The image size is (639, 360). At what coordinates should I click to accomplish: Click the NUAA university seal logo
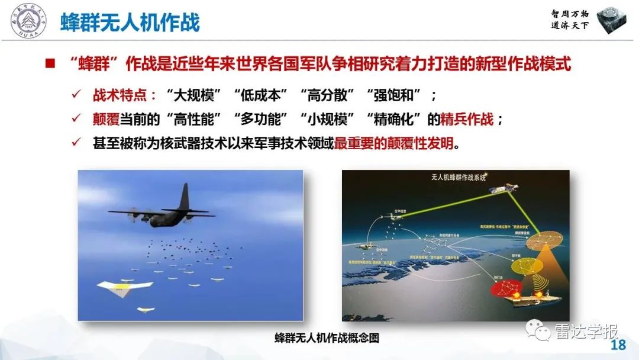[x=29, y=22]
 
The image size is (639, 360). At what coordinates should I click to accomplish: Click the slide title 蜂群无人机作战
[x=130, y=22]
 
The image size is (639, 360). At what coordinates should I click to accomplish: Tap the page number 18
[x=617, y=345]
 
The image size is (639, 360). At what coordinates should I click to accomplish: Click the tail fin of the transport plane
[x=184, y=195]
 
